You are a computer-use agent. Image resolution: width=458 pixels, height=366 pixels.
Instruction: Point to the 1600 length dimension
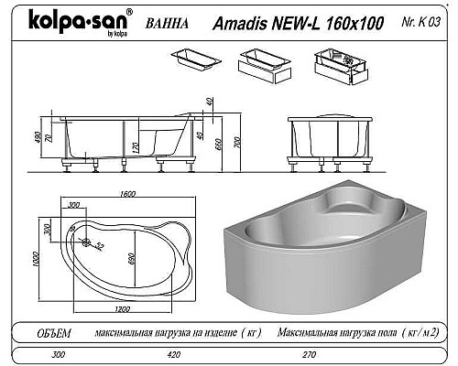click(127, 193)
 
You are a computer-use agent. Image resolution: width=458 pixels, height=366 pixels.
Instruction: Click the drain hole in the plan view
click(86, 243)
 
